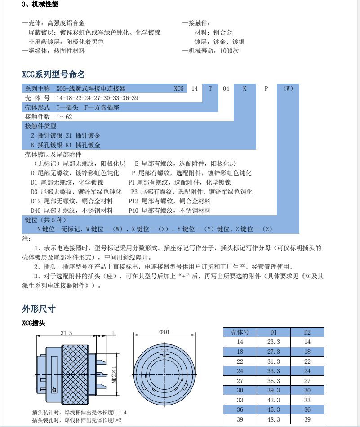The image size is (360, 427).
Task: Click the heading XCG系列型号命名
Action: [53, 75]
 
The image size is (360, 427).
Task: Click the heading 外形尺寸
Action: [39, 308]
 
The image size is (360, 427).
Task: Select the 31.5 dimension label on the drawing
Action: [67, 333]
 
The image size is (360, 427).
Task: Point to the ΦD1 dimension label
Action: [164, 332]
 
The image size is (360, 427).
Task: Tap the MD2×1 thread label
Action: [114, 373]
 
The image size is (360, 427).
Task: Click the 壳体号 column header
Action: [240, 333]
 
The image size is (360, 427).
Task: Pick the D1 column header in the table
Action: [274, 333]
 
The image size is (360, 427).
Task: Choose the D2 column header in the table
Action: [307, 333]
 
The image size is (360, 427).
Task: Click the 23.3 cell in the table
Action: [274, 342]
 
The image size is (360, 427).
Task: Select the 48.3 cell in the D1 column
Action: [274, 419]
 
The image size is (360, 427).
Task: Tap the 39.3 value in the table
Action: [274, 390]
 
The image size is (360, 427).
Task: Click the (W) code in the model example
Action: [289, 88]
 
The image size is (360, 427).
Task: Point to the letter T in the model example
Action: [210, 88]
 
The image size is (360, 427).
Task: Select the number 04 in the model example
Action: [226, 88]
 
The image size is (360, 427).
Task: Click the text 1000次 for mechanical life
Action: [230, 51]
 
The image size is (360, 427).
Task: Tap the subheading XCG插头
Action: [34, 322]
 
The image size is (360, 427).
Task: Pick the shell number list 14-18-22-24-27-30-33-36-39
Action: [97, 98]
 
